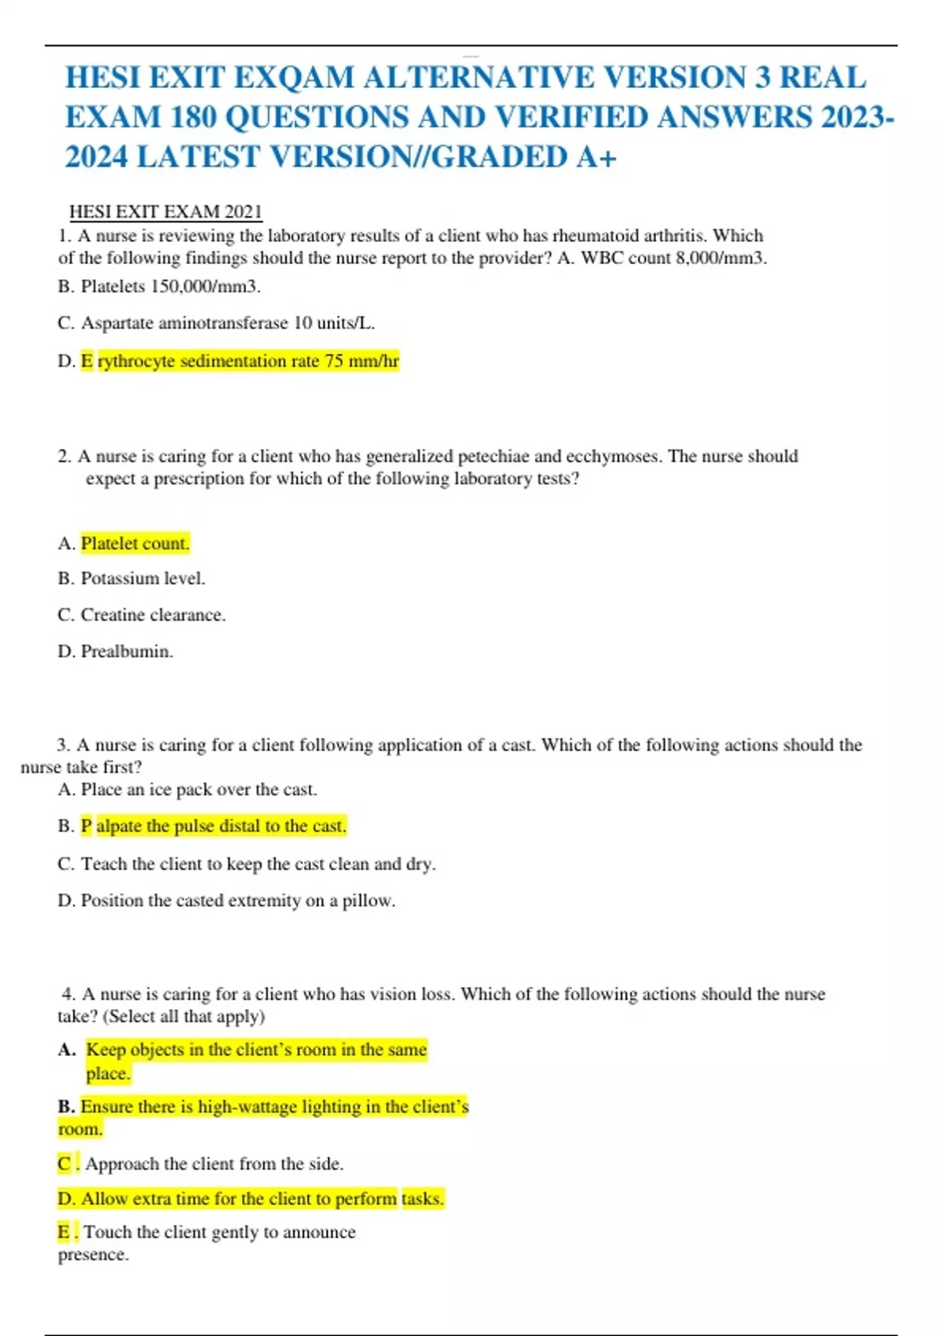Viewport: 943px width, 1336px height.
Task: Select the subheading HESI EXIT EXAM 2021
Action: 165,211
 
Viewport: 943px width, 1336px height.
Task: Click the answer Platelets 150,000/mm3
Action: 170,287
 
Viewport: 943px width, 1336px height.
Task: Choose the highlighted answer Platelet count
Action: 135,544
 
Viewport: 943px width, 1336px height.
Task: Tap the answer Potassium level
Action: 142,578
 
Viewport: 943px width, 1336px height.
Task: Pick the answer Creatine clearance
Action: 152,615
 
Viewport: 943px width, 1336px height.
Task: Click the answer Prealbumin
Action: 127,651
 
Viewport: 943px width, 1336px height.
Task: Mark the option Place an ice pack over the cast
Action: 199,790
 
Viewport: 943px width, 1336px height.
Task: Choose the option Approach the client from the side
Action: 214,1164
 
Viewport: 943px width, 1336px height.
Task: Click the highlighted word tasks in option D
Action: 423,1199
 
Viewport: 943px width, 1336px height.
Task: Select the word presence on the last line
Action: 93,1255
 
